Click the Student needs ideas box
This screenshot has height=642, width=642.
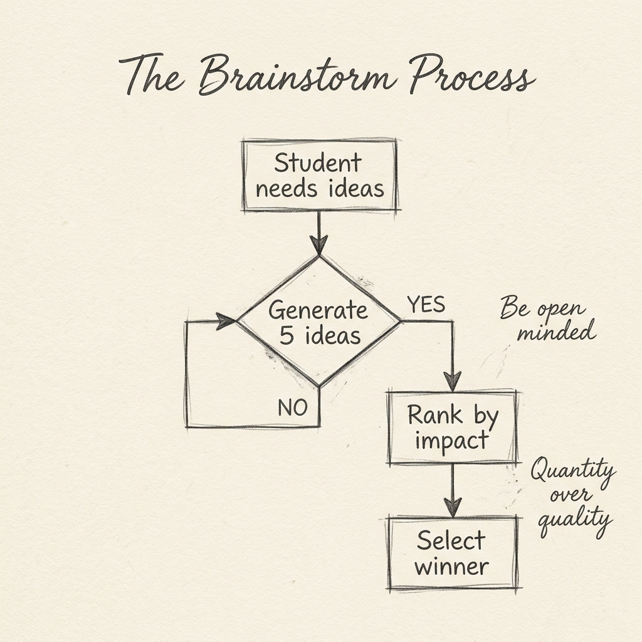[319, 176]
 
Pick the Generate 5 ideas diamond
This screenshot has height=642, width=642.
[319, 322]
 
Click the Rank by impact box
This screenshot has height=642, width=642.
[452, 427]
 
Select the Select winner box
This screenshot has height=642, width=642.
[452, 553]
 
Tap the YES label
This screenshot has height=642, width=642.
[426, 305]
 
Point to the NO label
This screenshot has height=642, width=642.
[292, 408]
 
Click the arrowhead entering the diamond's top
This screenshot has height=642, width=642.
[319, 245]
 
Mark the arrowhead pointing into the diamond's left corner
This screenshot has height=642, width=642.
[226, 322]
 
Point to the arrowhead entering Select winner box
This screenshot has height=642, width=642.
[452, 506]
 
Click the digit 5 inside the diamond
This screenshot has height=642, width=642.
[287, 336]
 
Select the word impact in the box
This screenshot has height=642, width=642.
[451, 441]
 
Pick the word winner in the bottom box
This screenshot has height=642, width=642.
[451, 567]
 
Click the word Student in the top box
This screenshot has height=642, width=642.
[318, 163]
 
